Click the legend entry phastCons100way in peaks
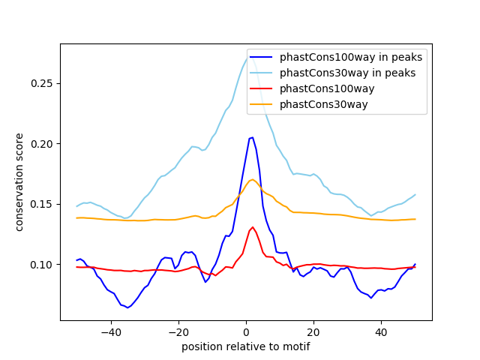(350, 57)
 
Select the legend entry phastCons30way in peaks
(348, 73)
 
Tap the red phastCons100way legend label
(327, 88)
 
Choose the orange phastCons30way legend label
(324, 104)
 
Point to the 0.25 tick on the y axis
(41, 83)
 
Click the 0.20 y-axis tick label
(41, 144)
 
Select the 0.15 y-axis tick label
(41, 204)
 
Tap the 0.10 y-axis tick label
(41, 265)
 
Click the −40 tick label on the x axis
(110, 332)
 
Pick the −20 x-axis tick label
(178, 332)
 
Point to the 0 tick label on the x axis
(246, 332)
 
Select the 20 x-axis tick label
(313, 332)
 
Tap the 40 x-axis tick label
(381, 332)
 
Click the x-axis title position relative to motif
(245, 346)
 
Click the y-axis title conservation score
(19, 181)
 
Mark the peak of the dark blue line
(252, 137)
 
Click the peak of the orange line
(252, 179)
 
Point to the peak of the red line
(252, 226)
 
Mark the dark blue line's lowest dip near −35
(127, 307)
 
